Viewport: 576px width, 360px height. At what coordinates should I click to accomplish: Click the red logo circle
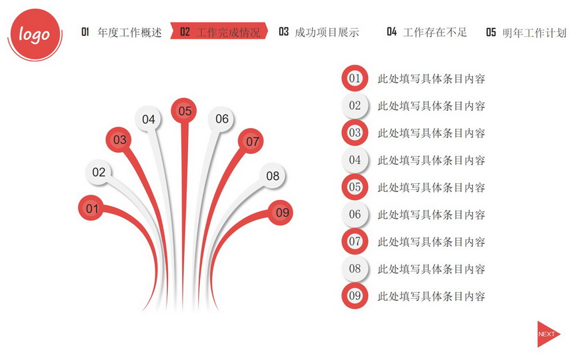pos(35,34)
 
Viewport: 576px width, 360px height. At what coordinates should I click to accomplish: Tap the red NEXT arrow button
pos(548,334)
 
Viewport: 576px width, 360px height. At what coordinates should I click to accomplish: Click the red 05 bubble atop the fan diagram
pos(184,111)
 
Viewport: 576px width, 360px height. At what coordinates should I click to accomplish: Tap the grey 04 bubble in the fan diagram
pos(148,119)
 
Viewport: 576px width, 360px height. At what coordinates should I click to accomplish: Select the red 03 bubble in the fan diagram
pos(119,139)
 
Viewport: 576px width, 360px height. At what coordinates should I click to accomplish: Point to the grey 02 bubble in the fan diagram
pos(98,172)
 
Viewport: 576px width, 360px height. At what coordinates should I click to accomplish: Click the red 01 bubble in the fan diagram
pos(91,208)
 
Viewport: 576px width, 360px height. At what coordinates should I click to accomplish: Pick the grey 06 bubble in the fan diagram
pos(221,118)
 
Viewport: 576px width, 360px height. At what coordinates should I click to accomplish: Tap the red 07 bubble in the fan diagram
pos(251,141)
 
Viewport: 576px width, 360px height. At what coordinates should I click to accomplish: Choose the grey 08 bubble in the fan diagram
pos(272,175)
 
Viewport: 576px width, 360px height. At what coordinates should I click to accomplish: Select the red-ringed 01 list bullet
pos(355,78)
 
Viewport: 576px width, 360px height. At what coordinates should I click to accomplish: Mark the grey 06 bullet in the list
pos(355,214)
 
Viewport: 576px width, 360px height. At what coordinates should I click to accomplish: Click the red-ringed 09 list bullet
pos(355,295)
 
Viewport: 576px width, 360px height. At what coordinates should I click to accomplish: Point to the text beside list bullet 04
pos(431,160)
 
